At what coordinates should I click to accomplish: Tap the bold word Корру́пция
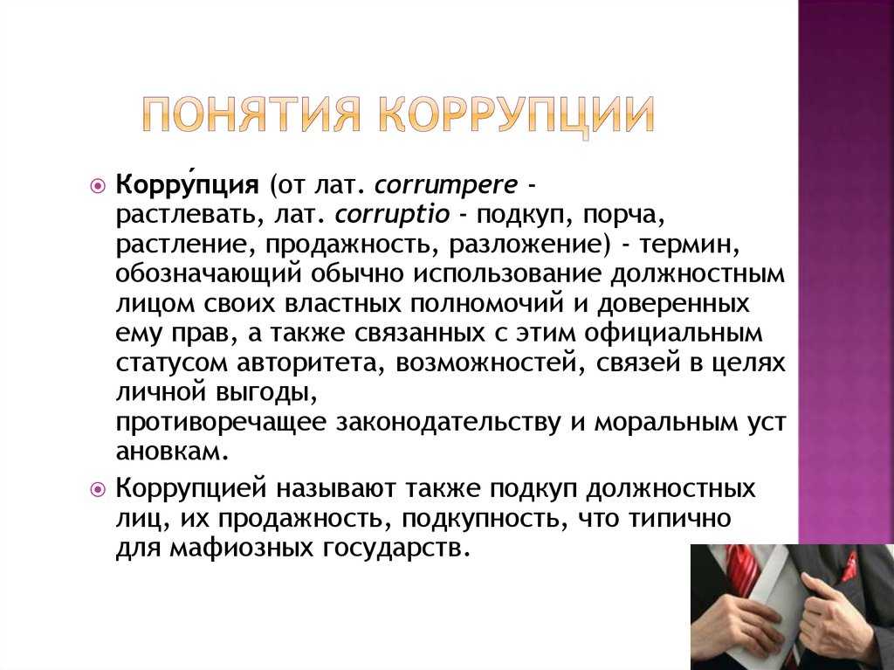coord(187,185)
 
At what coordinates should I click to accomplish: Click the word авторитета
coord(314,363)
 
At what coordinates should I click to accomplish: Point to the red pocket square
coord(849,566)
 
